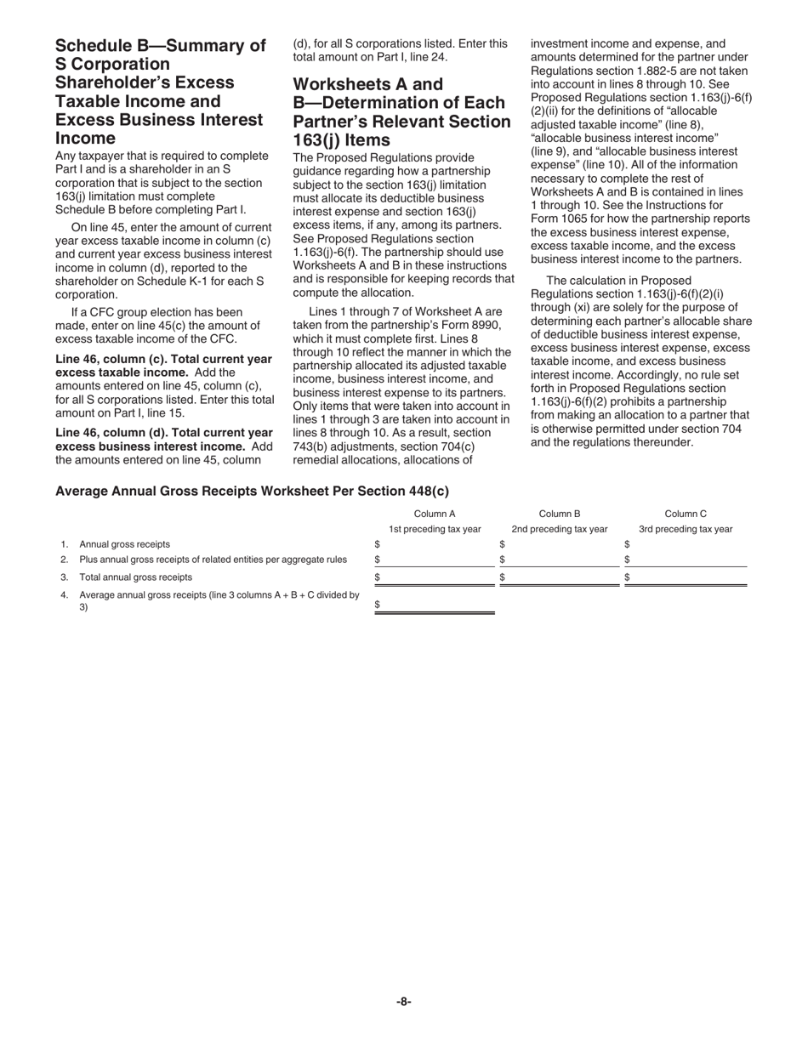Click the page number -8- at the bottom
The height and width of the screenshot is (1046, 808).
tap(404, 1002)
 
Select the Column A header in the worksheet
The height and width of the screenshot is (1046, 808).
tap(435, 514)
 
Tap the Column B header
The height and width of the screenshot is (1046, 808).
tap(560, 514)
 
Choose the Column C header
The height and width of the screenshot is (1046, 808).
tap(686, 514)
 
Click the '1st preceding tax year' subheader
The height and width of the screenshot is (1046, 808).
tap(435, 529)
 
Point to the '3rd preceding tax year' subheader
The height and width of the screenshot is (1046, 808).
tap(686, 529)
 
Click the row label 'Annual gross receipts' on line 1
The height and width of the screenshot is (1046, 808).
tap(124, 544)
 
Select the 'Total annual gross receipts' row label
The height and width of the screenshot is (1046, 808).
tap(135, 577)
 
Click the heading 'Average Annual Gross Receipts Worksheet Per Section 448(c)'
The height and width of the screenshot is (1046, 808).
tap(252, 491)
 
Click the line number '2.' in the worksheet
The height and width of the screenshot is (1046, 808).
tap(65, 560)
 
